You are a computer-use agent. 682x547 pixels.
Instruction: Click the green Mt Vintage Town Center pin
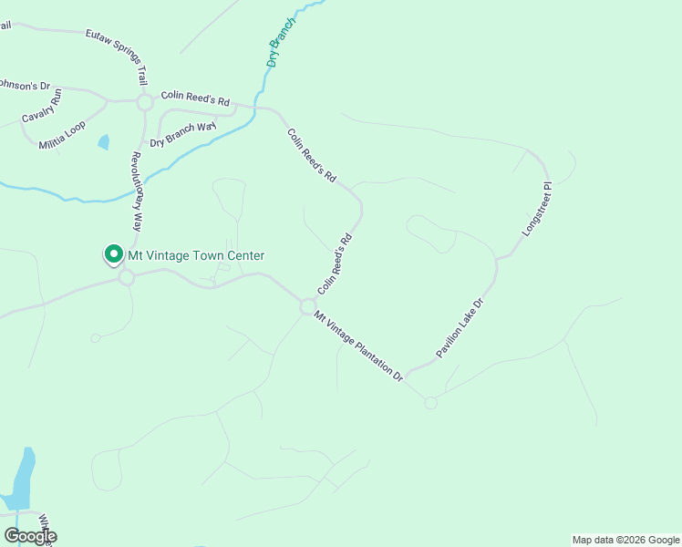click(114, 254)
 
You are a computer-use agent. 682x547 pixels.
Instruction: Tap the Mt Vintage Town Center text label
click(196, 256)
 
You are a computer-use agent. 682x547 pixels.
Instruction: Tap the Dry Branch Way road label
click(183, 134)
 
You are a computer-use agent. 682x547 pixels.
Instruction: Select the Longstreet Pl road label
click(538, 210)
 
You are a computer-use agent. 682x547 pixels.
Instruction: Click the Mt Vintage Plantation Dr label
click(358, 346)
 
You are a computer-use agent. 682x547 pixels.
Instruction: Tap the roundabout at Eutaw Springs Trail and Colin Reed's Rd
click(144, 102)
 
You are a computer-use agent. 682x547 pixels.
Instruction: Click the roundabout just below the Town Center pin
click(126, 278)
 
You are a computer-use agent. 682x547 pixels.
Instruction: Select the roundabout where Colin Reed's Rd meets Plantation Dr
click(307, 307)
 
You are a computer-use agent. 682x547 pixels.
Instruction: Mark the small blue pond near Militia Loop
click(103, 142)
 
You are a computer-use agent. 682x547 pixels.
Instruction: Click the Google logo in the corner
click(30, 535)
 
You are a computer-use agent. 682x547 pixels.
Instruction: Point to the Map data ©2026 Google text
click(625, 540)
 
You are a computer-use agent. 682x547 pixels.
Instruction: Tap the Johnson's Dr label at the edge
click(17, 85)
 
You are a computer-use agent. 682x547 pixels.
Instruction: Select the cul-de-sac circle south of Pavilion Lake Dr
click(430, 403)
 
